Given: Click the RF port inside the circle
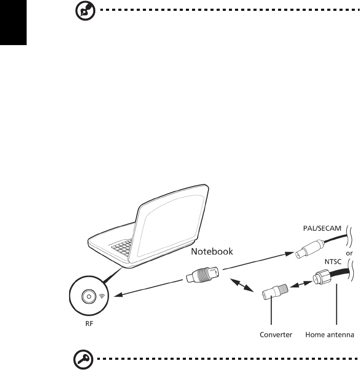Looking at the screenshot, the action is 89,296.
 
